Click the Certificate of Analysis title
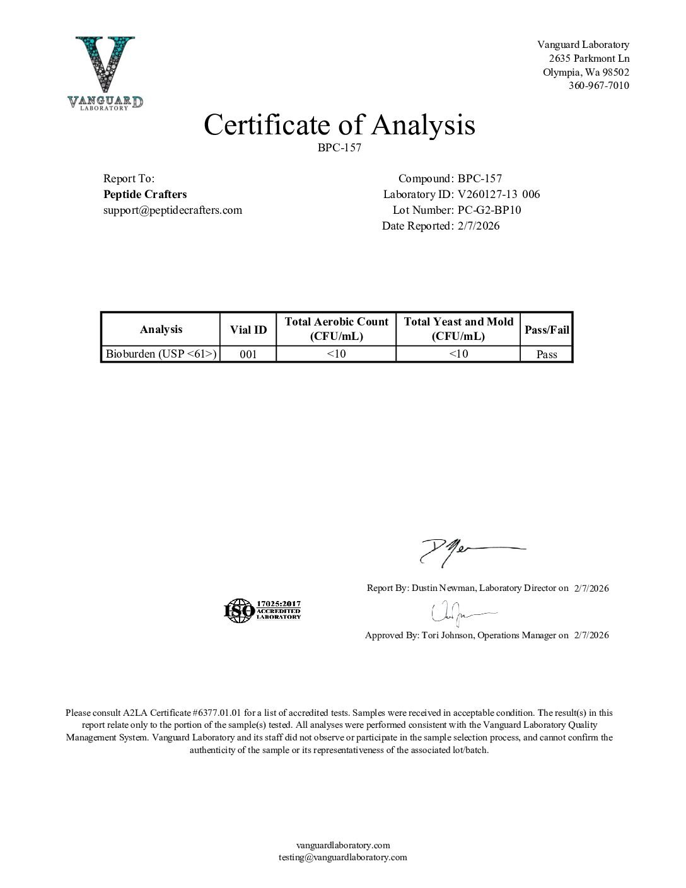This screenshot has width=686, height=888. tap(339, 125)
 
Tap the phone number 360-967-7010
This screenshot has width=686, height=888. tap(598, 86)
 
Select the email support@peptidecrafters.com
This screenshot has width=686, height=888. tap(172, 210)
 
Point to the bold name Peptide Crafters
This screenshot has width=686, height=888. tap(144, 194)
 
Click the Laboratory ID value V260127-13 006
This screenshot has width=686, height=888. tap(499, 194)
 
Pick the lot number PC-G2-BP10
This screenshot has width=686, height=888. tap(489, 210)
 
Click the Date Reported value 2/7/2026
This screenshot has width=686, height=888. tap(479, 226)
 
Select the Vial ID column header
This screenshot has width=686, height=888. tap(248, 329)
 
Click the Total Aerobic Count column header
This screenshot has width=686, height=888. tap(336, 329)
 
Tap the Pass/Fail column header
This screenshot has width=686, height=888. tap(547, 329)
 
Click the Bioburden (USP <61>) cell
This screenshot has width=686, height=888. tap(161, 354)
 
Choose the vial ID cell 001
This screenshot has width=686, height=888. tap(248, 354)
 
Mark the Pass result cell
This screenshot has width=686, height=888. tap(547, 354)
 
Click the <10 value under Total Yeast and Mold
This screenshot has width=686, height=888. tap(458, 354)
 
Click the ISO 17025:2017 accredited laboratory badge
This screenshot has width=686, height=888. tap(262, 610)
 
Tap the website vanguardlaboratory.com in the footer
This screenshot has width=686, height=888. tap(343, 845)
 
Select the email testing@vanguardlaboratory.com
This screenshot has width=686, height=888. tap(343, 857)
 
